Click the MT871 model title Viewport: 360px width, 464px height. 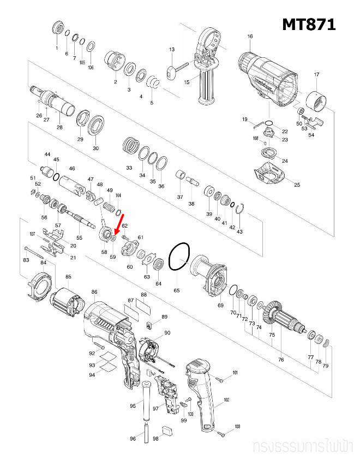point(308,25)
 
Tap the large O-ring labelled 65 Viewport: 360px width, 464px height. point(179,257)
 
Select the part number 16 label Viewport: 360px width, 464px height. point(250,37)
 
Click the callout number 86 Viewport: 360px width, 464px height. point(94,293)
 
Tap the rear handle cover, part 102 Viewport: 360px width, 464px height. point(203,393)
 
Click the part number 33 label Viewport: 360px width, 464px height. point(129,167)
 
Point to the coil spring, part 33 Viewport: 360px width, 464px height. point(130,146)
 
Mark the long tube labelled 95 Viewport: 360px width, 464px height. point(146,401)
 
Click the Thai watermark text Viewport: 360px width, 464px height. point(303,447)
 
